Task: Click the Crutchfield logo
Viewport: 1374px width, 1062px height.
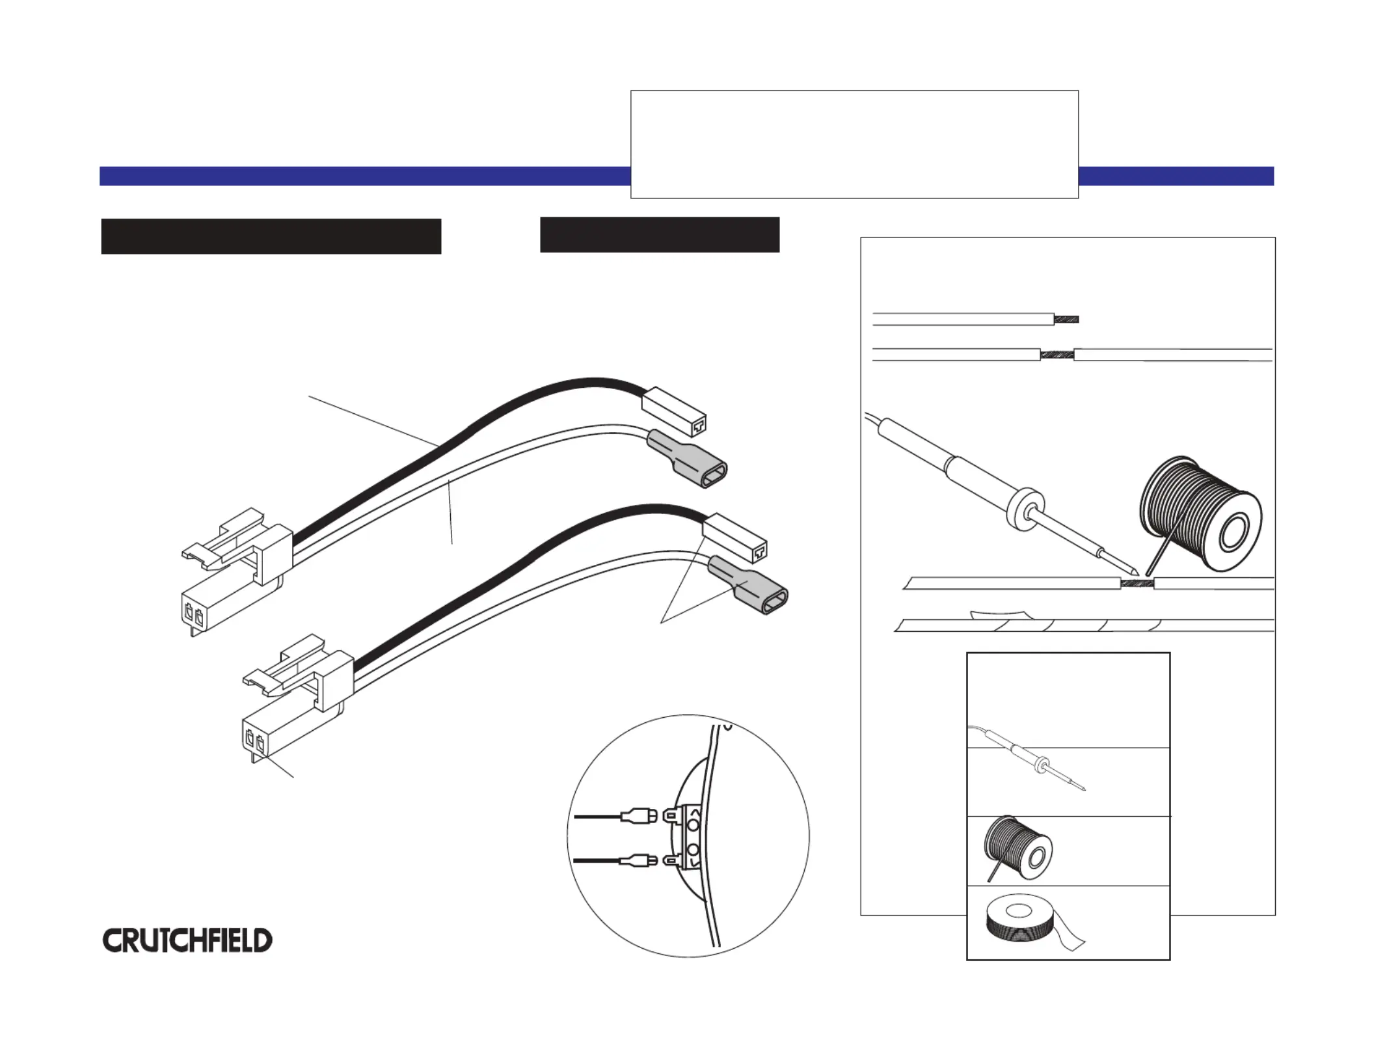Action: click(187, 940)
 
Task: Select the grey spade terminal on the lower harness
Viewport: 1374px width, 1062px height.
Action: click(748, 585)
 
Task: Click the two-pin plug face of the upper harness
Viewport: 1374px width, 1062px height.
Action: click(194, 614)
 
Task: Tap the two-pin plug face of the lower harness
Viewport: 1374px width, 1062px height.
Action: click(255, 741)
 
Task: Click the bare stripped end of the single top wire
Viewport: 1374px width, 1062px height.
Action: click(1066, 320)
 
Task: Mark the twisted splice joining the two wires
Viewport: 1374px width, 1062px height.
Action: click(1057, 355)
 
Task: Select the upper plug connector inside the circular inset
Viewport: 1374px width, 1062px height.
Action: click(639, 815)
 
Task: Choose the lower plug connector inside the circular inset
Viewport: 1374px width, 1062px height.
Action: click(639, 862)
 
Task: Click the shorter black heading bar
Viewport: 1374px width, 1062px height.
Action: click(660, 234)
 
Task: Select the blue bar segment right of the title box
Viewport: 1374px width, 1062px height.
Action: click(1176, 176)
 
